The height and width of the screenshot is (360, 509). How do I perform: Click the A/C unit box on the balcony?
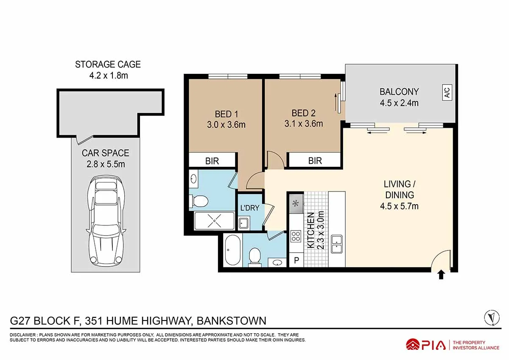[x=447, y=92]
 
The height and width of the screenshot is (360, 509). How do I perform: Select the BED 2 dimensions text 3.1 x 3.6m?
[x=304, y=124]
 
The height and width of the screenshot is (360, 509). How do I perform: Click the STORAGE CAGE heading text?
[x=108, y=65]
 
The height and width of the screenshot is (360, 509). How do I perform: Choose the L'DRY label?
[x=250, y=208]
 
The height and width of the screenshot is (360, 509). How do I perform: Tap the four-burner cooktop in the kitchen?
[x=296, y=236]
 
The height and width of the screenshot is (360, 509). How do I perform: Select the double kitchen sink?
[x=337, y=244]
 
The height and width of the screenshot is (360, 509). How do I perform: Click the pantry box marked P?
[x=296, y=260]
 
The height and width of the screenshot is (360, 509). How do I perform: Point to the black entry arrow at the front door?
[x=441, y=275]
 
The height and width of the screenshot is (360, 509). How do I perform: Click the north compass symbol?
[x=492, y=318]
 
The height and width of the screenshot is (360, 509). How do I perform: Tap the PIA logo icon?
[x=413, y=345]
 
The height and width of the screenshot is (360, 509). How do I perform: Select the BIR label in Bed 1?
[x=212, y=161]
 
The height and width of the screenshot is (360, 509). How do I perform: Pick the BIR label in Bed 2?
[x=315, y=161]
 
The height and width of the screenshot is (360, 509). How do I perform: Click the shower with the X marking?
[x=214, y=221]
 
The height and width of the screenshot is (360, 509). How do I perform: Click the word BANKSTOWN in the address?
[x=231, y=321]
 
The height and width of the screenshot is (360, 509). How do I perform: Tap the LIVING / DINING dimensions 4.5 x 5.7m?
[x=399, y=206]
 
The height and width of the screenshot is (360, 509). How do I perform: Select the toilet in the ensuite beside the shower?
[x=199, y=201]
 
